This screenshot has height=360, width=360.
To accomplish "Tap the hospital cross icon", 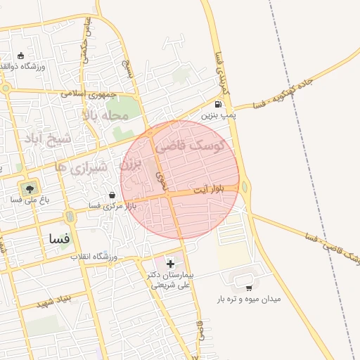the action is coord(170,263).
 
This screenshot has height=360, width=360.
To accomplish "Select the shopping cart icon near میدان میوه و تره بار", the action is coord(249,288).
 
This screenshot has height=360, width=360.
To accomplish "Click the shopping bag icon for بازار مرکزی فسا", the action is coord(112,195).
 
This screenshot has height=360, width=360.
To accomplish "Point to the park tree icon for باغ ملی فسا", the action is coord(29,188).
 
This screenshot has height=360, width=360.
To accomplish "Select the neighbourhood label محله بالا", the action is coord(105,115).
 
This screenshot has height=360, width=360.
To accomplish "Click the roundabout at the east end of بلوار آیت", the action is coord(245,187).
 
